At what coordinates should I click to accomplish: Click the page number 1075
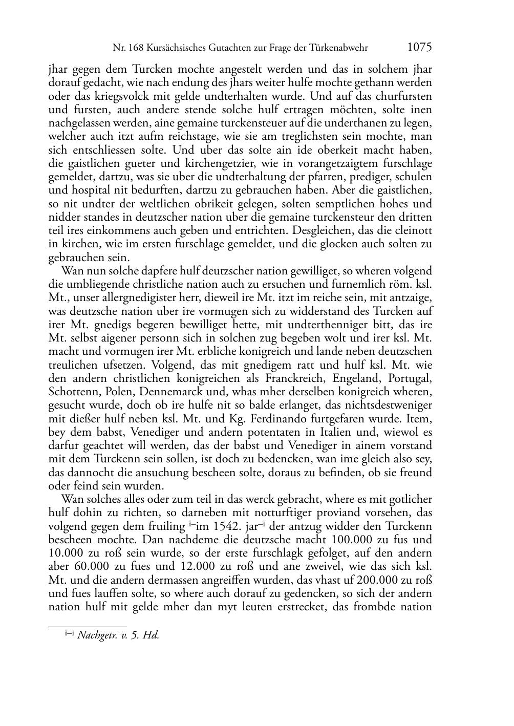(x=419, y=48)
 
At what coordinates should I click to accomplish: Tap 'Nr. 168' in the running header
(x=124, y=48)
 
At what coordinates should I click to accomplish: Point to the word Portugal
(x=410, y=378)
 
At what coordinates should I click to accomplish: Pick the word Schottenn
(x=72, y=392)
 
